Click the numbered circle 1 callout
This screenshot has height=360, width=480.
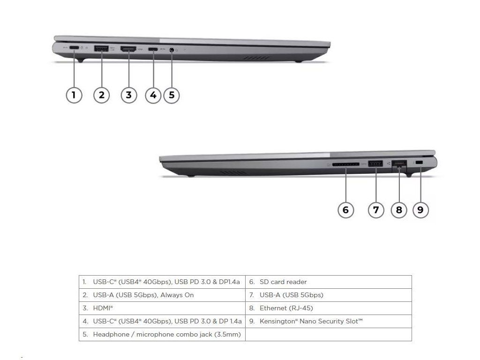pos(74,95)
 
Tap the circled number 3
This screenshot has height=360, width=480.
pos(128,95)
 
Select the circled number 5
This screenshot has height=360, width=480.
pos(171,95)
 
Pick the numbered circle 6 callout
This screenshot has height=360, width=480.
pos(345,210)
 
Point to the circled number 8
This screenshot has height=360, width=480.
pos(399,210)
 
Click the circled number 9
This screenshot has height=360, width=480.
pos(420,210)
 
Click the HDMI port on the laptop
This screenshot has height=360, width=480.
pos(128,48)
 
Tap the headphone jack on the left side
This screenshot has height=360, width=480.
pos(172,49)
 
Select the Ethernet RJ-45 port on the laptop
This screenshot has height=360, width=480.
pos(399,164)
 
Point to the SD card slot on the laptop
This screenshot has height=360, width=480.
pos(345,164)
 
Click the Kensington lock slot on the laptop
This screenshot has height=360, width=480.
pos(420,162)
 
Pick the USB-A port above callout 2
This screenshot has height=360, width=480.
pos(101,48)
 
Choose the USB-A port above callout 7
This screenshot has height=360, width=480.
pos(375,163)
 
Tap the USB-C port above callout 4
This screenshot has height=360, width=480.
pos(153,48)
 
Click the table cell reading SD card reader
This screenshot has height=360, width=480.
pos(283,282)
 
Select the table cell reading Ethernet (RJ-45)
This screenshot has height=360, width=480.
pos(286,308)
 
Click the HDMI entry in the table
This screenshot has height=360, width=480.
pos(103,308)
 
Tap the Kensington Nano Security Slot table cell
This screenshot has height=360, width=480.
pos(311,321)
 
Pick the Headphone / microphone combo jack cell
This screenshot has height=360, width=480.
pos(166,334)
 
